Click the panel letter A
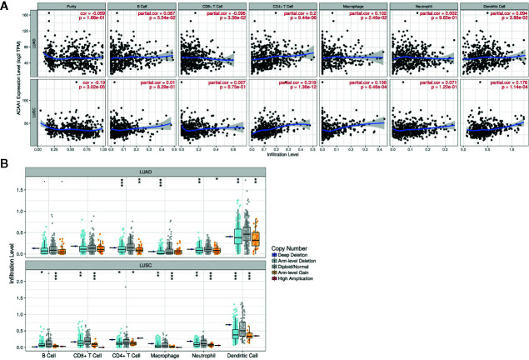coord(6,5)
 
